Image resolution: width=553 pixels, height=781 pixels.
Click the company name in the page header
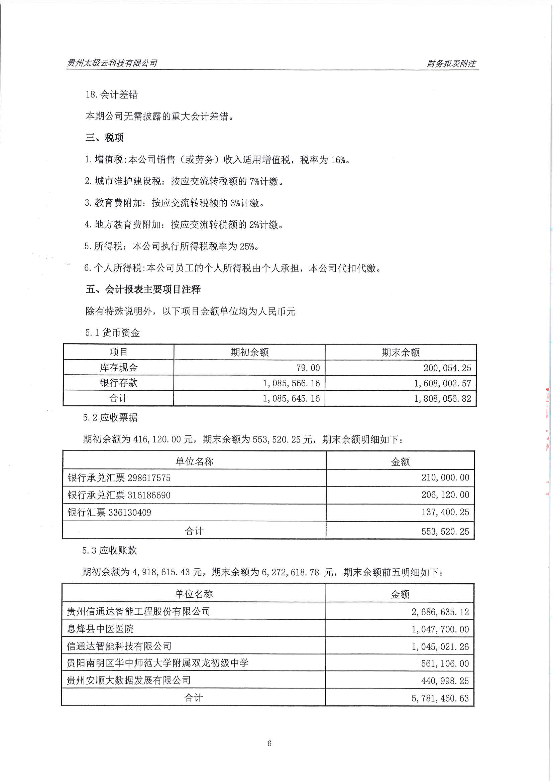(x=112, y=63)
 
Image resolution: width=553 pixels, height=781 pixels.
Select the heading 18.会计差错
(x=112, y=94)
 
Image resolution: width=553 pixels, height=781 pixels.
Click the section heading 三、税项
(x=105, y=138)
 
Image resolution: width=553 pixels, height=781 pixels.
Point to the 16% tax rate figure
(x=338, y=160)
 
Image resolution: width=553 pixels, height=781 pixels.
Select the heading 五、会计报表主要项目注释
(x=143, y=290)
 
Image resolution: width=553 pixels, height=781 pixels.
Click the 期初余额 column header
(x=250, y=352)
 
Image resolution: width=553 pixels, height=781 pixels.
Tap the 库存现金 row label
(x=118, y=368)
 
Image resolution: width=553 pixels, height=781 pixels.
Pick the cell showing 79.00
(x=308, y=368)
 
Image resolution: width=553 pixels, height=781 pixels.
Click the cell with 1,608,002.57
(x=442, y=383)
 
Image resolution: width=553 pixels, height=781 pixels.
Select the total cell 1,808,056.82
(x=442, y=399)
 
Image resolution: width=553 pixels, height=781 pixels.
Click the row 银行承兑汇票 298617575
(x=119, y=478)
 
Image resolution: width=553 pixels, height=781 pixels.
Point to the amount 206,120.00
(x=445, y=495)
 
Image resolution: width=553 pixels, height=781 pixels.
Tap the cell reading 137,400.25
(x=445, y=512)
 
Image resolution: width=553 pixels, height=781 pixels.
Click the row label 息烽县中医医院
(x=100, y=629)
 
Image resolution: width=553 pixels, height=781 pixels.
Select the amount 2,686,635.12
(x=440, y=612)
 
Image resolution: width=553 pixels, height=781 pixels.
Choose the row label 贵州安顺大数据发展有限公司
(x=128, y=680)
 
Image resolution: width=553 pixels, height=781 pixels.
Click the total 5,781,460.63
(x=440, y=698)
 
